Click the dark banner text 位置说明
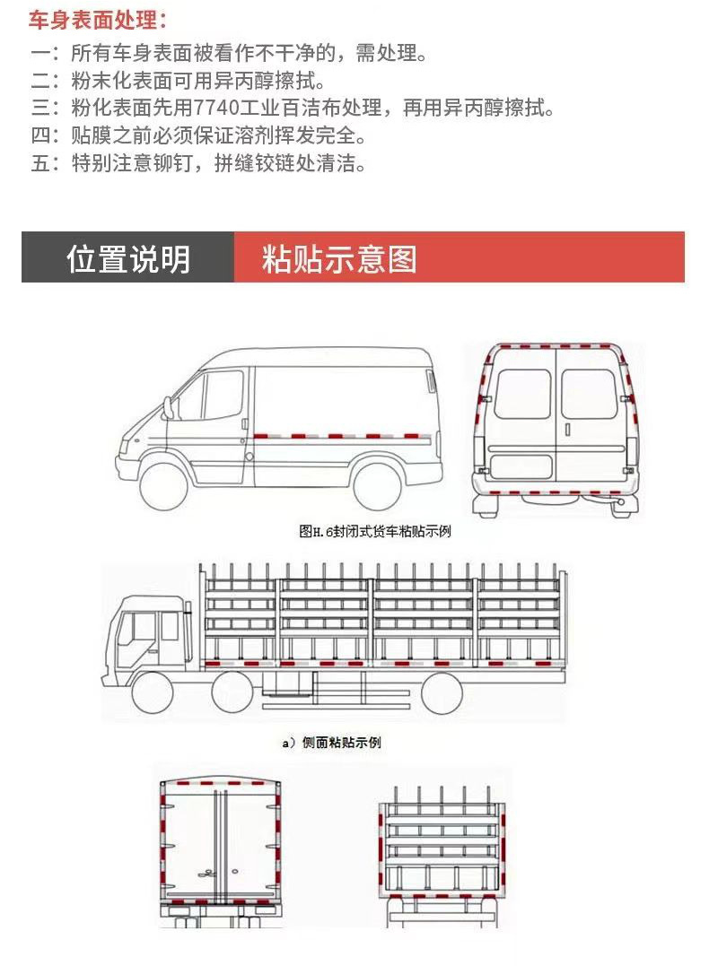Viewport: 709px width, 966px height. [128, 258]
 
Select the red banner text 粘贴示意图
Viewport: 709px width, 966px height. [339, 258]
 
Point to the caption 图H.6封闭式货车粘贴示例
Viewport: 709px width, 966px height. [374, 531]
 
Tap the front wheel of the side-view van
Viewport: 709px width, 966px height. [166, 484]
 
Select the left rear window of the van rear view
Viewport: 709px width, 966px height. [521, 395]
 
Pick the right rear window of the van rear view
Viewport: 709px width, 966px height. [589, 395]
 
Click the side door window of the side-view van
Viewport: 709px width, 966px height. [223, 395]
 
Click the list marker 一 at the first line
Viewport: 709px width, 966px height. [43, 54]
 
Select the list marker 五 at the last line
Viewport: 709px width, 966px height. [43, 164]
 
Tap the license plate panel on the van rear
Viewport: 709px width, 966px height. [519, 467]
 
